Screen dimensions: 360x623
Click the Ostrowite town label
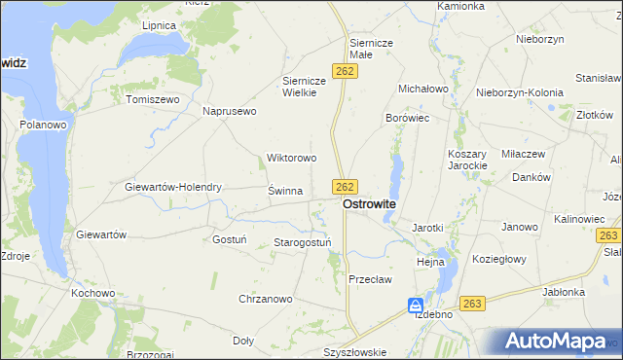pyautogui.click(x=369, y=205)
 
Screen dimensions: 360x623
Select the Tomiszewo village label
pyautogui.click(x=153, y=99)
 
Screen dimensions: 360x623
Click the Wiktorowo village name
pyautogui.click(x=292, y=158)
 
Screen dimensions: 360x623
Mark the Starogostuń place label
pyautogui.click(x=303, y=242)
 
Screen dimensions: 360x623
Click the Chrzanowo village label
pyautogui.click(x=266, y=299)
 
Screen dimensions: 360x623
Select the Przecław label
pyautogui.click(x=370, y=279)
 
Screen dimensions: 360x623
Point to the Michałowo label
pyautogui.click(x=422, y=89)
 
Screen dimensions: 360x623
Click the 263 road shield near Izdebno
pyautogui.click(x=473, y=304)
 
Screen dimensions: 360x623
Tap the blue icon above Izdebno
pyautogui.click(x=416, y=305)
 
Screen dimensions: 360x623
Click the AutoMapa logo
pyautogui.click(x=552, y=341)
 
